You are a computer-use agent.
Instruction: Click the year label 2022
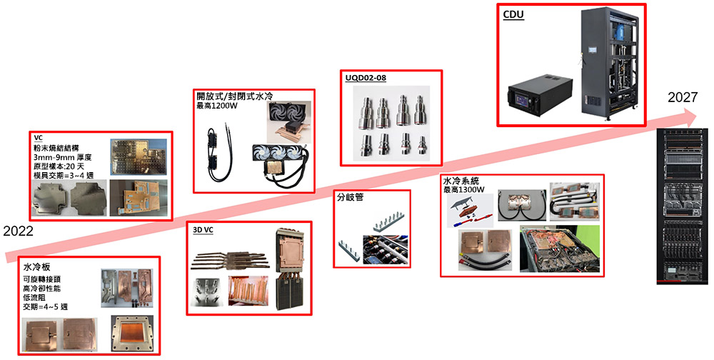(x=19, y=231)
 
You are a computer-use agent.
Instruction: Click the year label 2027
(x=682, y=97)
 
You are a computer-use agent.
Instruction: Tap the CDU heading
(x=513, y=14)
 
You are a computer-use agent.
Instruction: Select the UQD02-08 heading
(x=366, y=78)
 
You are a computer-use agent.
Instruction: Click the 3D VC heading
(x=203, y=230)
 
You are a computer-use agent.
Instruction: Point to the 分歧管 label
(x=350, y=197)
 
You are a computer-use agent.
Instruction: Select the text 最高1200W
(x=217, y=106)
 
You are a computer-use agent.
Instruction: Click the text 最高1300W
(x=463, y=189)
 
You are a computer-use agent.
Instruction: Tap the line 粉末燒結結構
(x=56, y=148)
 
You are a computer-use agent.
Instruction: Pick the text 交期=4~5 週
(x=46, y=306)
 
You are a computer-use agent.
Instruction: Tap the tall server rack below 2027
(x=681, y=206)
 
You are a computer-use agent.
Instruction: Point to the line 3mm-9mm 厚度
(x=62, y=157)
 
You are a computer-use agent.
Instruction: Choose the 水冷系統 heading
(x=461, y=181)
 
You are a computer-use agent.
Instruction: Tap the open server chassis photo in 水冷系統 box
(x=560, y=249)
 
